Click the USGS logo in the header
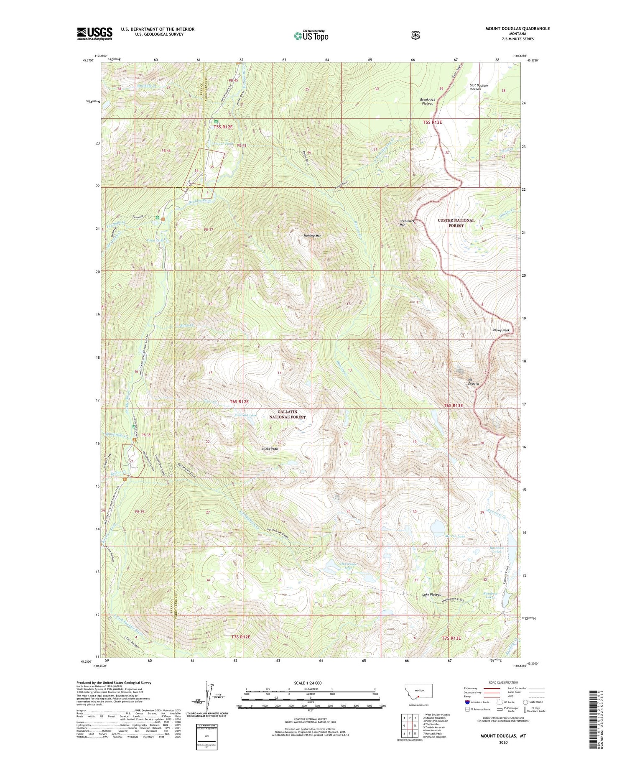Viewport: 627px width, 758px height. pyautogui.click(x=94, y=33)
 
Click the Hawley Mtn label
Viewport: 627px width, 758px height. pyautogui.click(x=312, y=236)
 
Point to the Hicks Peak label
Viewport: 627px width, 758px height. pyautogui.click(x=270, y=449)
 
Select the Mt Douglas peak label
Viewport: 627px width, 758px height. pyautogui.click(x=473, y=381)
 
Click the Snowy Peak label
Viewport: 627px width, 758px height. pyautogui.click(x=501, y=330)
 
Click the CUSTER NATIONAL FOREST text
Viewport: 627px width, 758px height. pyautogui.click(x=456, y=223)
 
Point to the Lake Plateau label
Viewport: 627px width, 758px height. pyautogui.click(x=432, y=594)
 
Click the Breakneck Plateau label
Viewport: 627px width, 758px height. pyautogui.click(x=427, y=102)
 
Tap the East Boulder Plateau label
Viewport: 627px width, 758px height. pyautogui.click(x=479, y=87)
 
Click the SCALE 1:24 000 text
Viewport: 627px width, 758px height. pyautogui.click(x=308, y=683)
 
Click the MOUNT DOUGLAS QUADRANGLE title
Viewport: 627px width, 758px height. pyautogui.click(x=517, y=28)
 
